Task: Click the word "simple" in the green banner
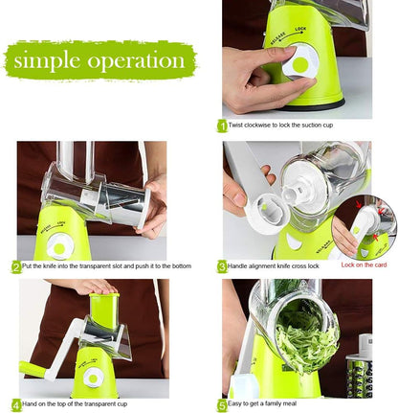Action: coord(47,61)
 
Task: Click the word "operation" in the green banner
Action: coord(136,60)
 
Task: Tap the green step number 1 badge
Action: coord(222,126)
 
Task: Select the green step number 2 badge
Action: coord(16,266)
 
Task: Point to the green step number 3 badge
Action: coord(222,266)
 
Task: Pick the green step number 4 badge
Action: coord(16,404)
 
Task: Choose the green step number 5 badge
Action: coord(222,404)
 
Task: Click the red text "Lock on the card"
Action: coord(364,264)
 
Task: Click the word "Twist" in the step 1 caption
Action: coord(235,125)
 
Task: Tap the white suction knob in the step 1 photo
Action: coord(300,62)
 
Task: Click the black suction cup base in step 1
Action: coord(314,105)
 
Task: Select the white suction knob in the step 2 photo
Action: coord(60,246)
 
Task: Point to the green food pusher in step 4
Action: coord(103,310)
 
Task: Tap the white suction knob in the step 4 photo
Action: coord(93,378)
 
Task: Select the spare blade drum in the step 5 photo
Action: coord(359,367)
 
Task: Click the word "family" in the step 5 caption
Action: coord(276,403)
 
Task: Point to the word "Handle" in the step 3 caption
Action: coord(237,265)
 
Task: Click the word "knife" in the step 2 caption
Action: coord(49,265)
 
